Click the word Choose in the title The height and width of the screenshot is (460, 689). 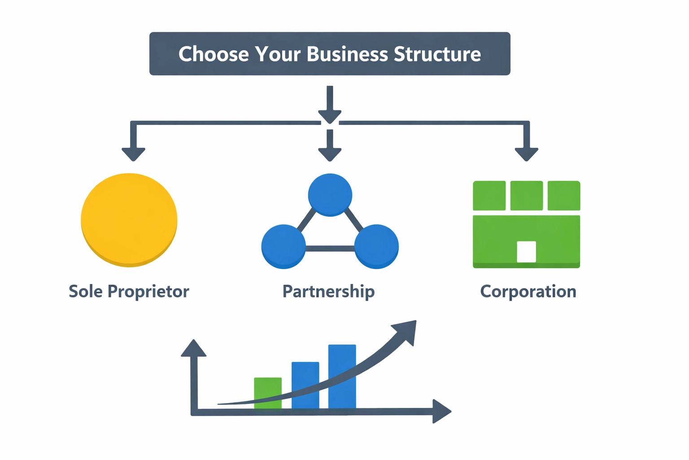214,54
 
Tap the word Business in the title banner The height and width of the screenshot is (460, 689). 347,54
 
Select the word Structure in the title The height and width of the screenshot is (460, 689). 437,54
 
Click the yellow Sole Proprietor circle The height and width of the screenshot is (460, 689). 129,220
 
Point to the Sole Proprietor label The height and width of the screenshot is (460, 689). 129,292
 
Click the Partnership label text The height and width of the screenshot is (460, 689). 328,292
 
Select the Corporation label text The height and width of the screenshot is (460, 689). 528,292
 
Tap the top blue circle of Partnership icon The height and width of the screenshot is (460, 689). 330,195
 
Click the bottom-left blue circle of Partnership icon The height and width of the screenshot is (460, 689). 283,247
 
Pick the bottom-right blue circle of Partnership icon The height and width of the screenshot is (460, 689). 376,247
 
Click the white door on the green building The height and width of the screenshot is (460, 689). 526,252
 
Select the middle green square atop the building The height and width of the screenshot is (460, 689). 527,195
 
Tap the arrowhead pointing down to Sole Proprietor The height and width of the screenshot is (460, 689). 133,154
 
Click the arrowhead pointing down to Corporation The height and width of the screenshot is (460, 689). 526,154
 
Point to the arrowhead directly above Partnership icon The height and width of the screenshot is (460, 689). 330,154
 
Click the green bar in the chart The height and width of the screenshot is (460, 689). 268,393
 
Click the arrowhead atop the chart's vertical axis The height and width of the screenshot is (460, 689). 193,348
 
